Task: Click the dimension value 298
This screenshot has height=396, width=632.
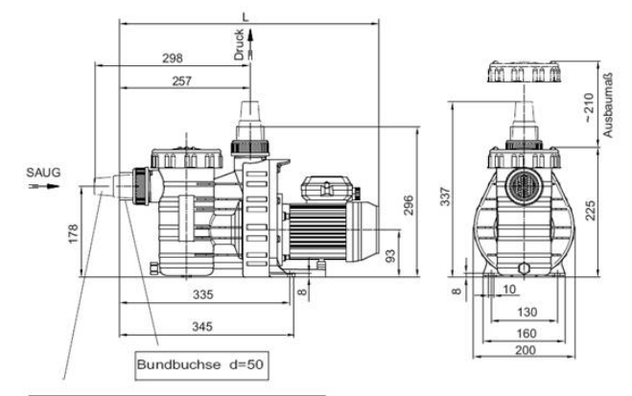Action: pyautogui.click(x=173, y=58)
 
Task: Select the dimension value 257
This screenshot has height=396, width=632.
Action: pyautogui.click(x=182, y=81)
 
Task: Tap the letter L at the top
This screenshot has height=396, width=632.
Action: pyautogui.click(x=246, y=17)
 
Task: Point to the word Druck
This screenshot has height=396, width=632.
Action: pyautogui.click(x=239, y=44)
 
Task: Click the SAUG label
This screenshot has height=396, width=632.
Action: pyautogui.click(x=43, y=173)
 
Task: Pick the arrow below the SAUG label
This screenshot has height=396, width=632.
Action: pyautogui.click(x=44, y=186)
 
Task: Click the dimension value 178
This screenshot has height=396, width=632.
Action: pyautogui.click(x=73, y=234)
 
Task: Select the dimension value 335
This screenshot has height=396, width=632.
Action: pyautogui.click(x=202, y=294)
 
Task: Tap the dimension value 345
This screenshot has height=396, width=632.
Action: pyautogui.click(x=202, y=326)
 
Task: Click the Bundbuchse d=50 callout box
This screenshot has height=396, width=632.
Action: pyautogui.click(x=201, y=365)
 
